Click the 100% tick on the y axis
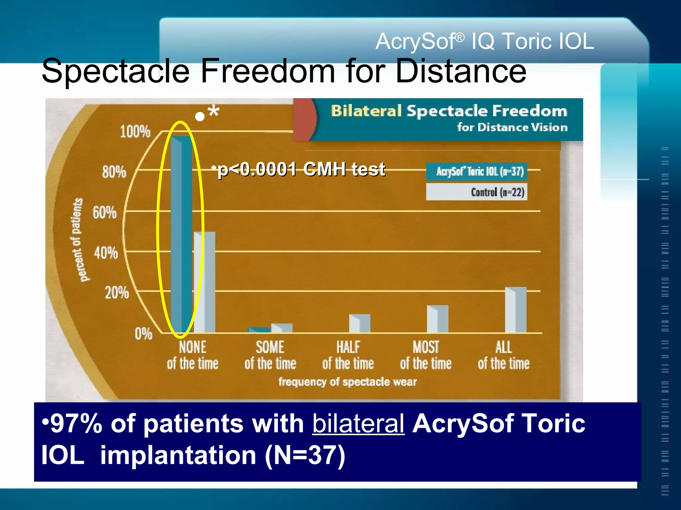tap(135, 132)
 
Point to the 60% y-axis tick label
tap(105, 212)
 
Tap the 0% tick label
tap(143, 333)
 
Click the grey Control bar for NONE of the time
tap(205, 282)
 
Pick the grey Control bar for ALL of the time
tap(516, 310)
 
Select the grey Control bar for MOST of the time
tap(438, 319)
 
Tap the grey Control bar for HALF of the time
tap(360, 323)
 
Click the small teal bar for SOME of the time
tap(259, 330)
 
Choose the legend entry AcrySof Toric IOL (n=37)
tap(477, 172)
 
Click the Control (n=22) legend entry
tap(477, 192)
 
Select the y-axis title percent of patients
tap(77, 240)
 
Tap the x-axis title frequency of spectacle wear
tap(347, 382)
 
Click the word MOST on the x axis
tap(426, 347)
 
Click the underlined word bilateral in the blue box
tap(358, 424)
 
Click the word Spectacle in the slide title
tap(115, 71)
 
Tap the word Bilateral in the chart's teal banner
tap(366, 111)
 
